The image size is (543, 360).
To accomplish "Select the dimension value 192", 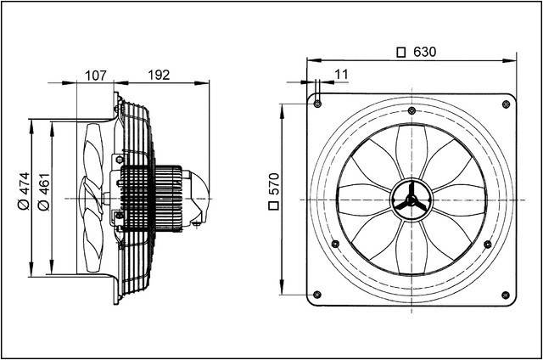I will point(158,76).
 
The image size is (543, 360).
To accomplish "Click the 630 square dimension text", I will point(423,53).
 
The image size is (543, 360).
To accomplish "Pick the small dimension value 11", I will point(342,76).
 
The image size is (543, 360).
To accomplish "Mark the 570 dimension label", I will point(274,200).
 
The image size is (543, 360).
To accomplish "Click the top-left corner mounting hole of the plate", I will point(316,104).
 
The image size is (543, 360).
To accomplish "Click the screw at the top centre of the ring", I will point(411,111).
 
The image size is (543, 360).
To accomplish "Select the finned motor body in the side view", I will point(151,197).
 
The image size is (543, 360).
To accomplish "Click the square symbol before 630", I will point(401,53).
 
